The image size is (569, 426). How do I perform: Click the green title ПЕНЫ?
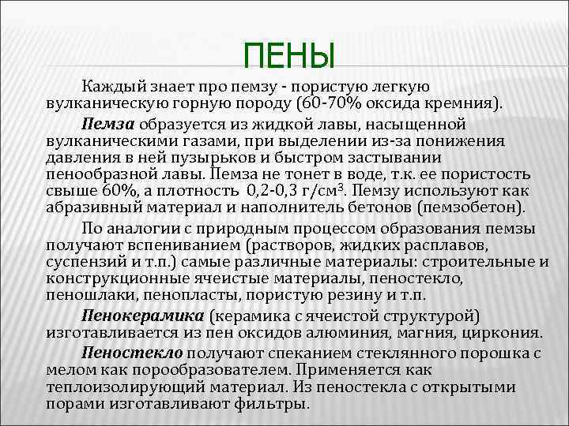click(x=289, y=56)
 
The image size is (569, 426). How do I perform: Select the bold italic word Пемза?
click(x=108, y=124)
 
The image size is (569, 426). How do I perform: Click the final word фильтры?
click(x=276, y=403)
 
